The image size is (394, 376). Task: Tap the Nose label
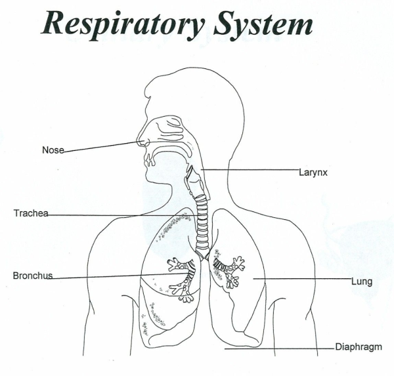[x=53, y=150]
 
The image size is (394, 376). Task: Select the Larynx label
[x=313, y=172]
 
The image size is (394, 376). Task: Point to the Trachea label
[x=31, y=213]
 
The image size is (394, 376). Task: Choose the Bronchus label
[x=32, y=275]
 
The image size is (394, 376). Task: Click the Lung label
[x=362, y=282]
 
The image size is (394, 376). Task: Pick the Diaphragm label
[x=359, y=346]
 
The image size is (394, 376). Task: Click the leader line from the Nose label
[x=98, y=146]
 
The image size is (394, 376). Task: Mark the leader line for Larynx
[x=250, y=169]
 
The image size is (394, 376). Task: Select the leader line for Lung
[x=302, y=280]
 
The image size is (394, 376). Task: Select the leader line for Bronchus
[x=112, y=276]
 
